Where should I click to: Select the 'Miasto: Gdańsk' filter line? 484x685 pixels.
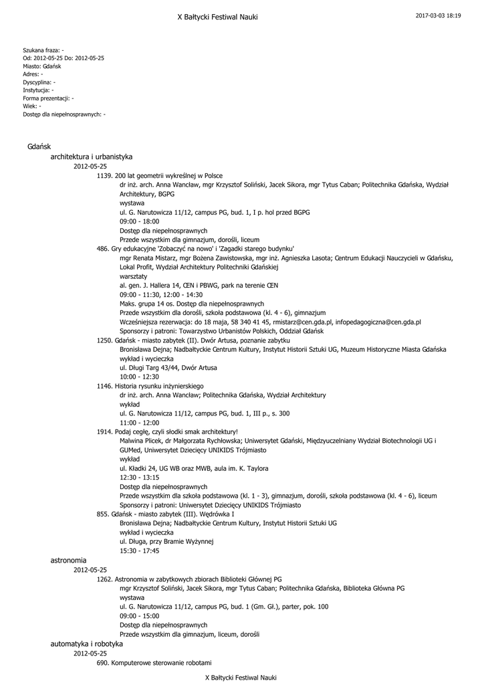pyautogui.click(x=42, y=66)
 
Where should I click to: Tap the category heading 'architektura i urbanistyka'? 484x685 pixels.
pyautogui.click(x=92, y=157)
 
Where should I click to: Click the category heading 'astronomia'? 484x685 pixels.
pyautogui.click(x=68, y=559)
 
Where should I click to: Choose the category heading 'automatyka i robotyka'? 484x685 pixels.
pyautogui.click(x=87, y=643)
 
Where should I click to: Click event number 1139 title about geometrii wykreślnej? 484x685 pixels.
pyautogui.click(x=160, y=175)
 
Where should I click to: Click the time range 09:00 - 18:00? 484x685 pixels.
pyautogui.click(x=139, y=221)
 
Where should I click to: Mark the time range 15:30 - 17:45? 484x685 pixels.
pyautogui.click(x=139, y=551)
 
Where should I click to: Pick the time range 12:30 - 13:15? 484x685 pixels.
pyautogui.click(x=139, y=478)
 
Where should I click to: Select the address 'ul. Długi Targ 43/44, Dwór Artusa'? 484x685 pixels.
pyautogui.click(x=168, y=367)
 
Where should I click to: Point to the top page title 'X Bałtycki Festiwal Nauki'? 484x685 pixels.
pyautogui.click(x=217, y=17)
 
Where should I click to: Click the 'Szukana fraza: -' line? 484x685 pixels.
pyautogui.click(x=43, y=50)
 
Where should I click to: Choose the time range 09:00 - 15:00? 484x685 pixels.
pyautogui.click(x=139, y=615)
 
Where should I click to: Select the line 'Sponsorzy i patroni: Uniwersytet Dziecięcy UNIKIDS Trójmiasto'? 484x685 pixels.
pyautogui.click(x=210, y=505)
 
